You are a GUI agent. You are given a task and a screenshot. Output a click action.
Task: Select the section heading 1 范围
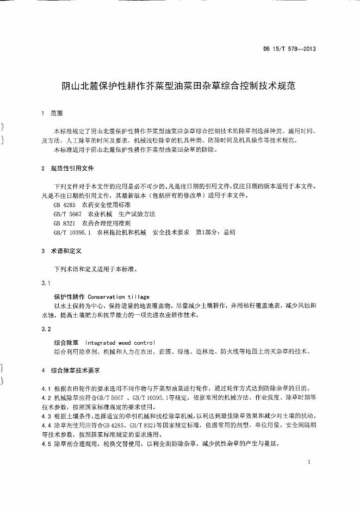point(52,114)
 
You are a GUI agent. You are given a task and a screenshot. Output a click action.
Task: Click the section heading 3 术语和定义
point(61,251)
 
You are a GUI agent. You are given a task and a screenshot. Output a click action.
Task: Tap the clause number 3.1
point(46,283)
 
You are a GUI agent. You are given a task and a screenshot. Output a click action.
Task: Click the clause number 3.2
point(46,329)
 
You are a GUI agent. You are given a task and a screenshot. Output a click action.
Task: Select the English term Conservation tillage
point(118,297)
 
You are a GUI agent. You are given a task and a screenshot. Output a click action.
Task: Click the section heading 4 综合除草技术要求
point(70,370)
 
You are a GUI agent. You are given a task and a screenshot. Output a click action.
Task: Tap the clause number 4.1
point(46,388)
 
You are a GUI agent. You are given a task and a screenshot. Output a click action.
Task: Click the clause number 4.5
point(46,444)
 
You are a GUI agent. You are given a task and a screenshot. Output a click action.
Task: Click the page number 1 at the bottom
point(308,462)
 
